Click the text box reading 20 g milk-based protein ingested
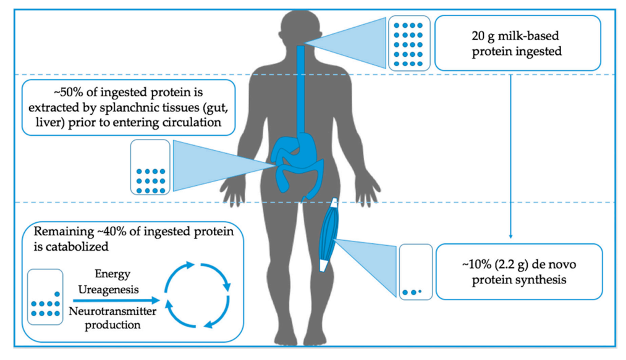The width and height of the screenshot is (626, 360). tap(518, 43)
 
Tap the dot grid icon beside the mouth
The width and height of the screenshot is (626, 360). tap(408, 41)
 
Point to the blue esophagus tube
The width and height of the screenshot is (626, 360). tap(301, 86)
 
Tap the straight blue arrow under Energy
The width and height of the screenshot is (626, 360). tap(111, 301)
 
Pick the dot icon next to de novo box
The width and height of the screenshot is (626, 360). tap(415, 272)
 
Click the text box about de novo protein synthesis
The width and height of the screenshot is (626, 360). tap(518, 271)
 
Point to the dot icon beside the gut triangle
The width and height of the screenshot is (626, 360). tap(150, 167)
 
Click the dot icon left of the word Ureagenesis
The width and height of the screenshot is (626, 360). tap(45, 297)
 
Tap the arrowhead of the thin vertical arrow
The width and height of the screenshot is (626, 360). tap(510, 235)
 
